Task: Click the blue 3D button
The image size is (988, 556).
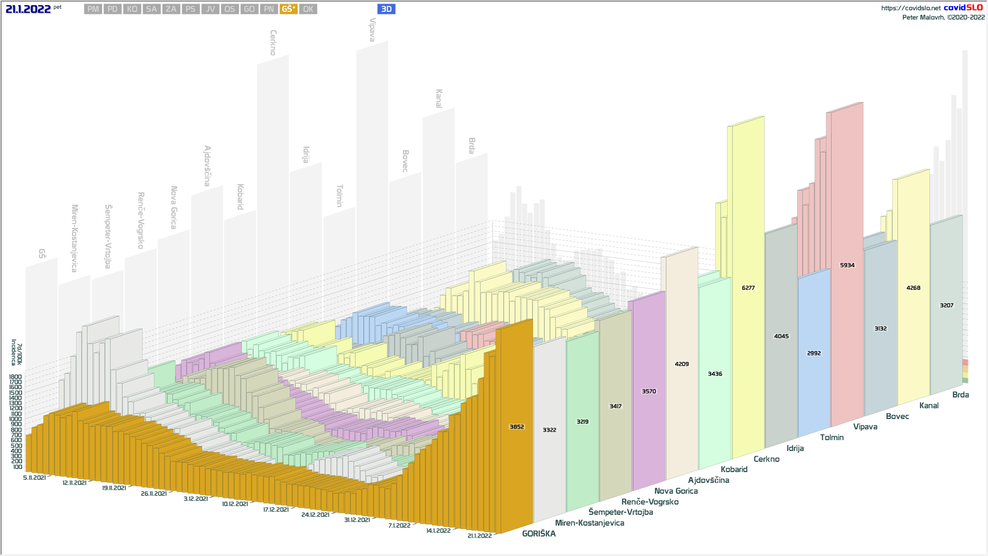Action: point(386,9)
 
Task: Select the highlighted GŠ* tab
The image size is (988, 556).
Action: point(288,9)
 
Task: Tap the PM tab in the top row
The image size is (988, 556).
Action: point(93,9)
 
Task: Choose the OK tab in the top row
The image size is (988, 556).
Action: point(308,9)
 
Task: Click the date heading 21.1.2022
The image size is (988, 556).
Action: point(28,9)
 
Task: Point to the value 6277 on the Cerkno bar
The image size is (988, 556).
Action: point(748,288)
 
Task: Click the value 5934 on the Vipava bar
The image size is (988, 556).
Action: point(847,265)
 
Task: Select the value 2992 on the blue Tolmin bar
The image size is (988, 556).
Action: point(814,353)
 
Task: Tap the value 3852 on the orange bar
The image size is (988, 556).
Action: point(517,427)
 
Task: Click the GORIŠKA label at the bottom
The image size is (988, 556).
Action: point(539,534)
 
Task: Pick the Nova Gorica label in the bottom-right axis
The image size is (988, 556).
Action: point(676,491)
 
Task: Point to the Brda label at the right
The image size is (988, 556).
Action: point(960,395)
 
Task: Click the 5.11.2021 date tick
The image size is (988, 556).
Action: point(34,478)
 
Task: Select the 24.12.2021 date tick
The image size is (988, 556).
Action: point(315,515)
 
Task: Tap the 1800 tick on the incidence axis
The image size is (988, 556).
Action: point(15,377)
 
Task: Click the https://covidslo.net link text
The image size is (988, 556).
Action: point(910,8)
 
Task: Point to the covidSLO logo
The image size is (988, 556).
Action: point(963,8)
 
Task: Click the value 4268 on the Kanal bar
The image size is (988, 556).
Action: point(913,288)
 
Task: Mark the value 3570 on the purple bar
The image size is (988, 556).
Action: point(648,391)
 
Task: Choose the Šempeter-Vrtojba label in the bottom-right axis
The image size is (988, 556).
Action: point(621,512)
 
